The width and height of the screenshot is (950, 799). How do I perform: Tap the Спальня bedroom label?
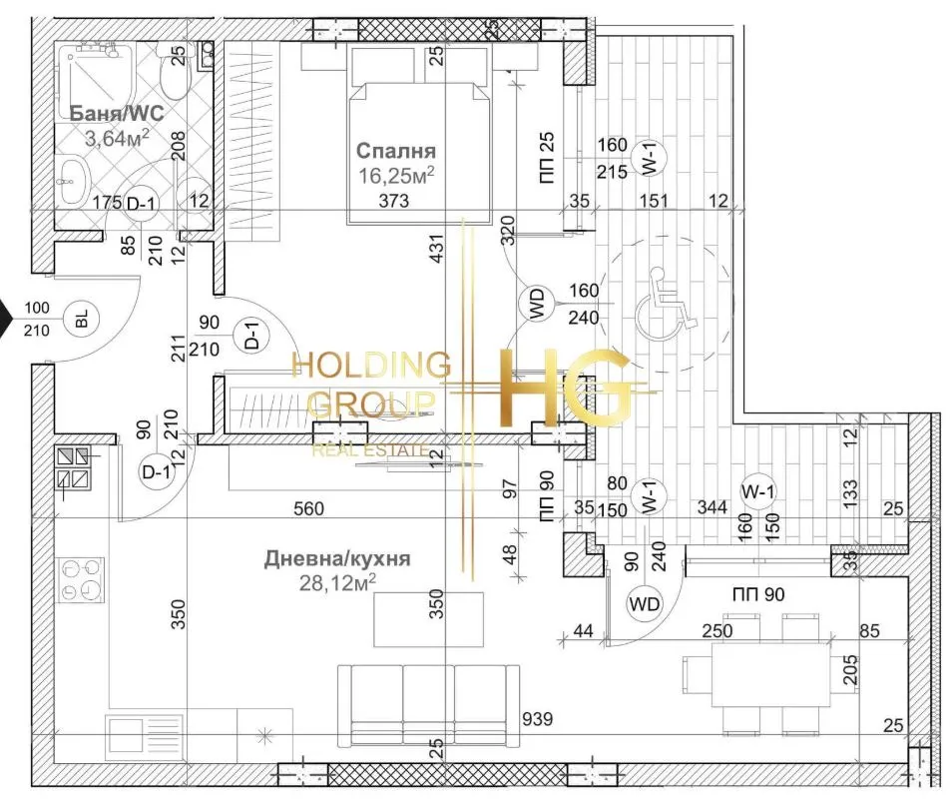pyautogui.click(x=395, y=151)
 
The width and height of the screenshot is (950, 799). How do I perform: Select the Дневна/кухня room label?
pyautogui.click(x=337, y=558)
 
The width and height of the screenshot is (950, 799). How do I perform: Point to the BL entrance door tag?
pyautogui.click(x=82, y=319)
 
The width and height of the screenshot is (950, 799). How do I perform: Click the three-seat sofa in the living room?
pyautogui.click(x=428, y=706)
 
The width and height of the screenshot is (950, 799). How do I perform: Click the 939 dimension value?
pyautogui.click(x=538, y=719)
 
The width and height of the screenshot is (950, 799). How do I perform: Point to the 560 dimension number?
pyautogui.click(x=309, y=508)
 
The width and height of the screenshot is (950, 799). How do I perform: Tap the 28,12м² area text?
pyautogui.click(x=337, y=582)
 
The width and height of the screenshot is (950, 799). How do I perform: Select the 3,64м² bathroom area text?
pyautogui.click(x=117, y=138)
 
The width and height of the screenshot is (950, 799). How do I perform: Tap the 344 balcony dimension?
pyautogui.click(x=712, y=506)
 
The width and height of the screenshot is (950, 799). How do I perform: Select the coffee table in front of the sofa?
pyautogui.click(x=428, y=620)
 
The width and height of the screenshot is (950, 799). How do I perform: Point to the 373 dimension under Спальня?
pyautogui.click(x=394, y=200)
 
